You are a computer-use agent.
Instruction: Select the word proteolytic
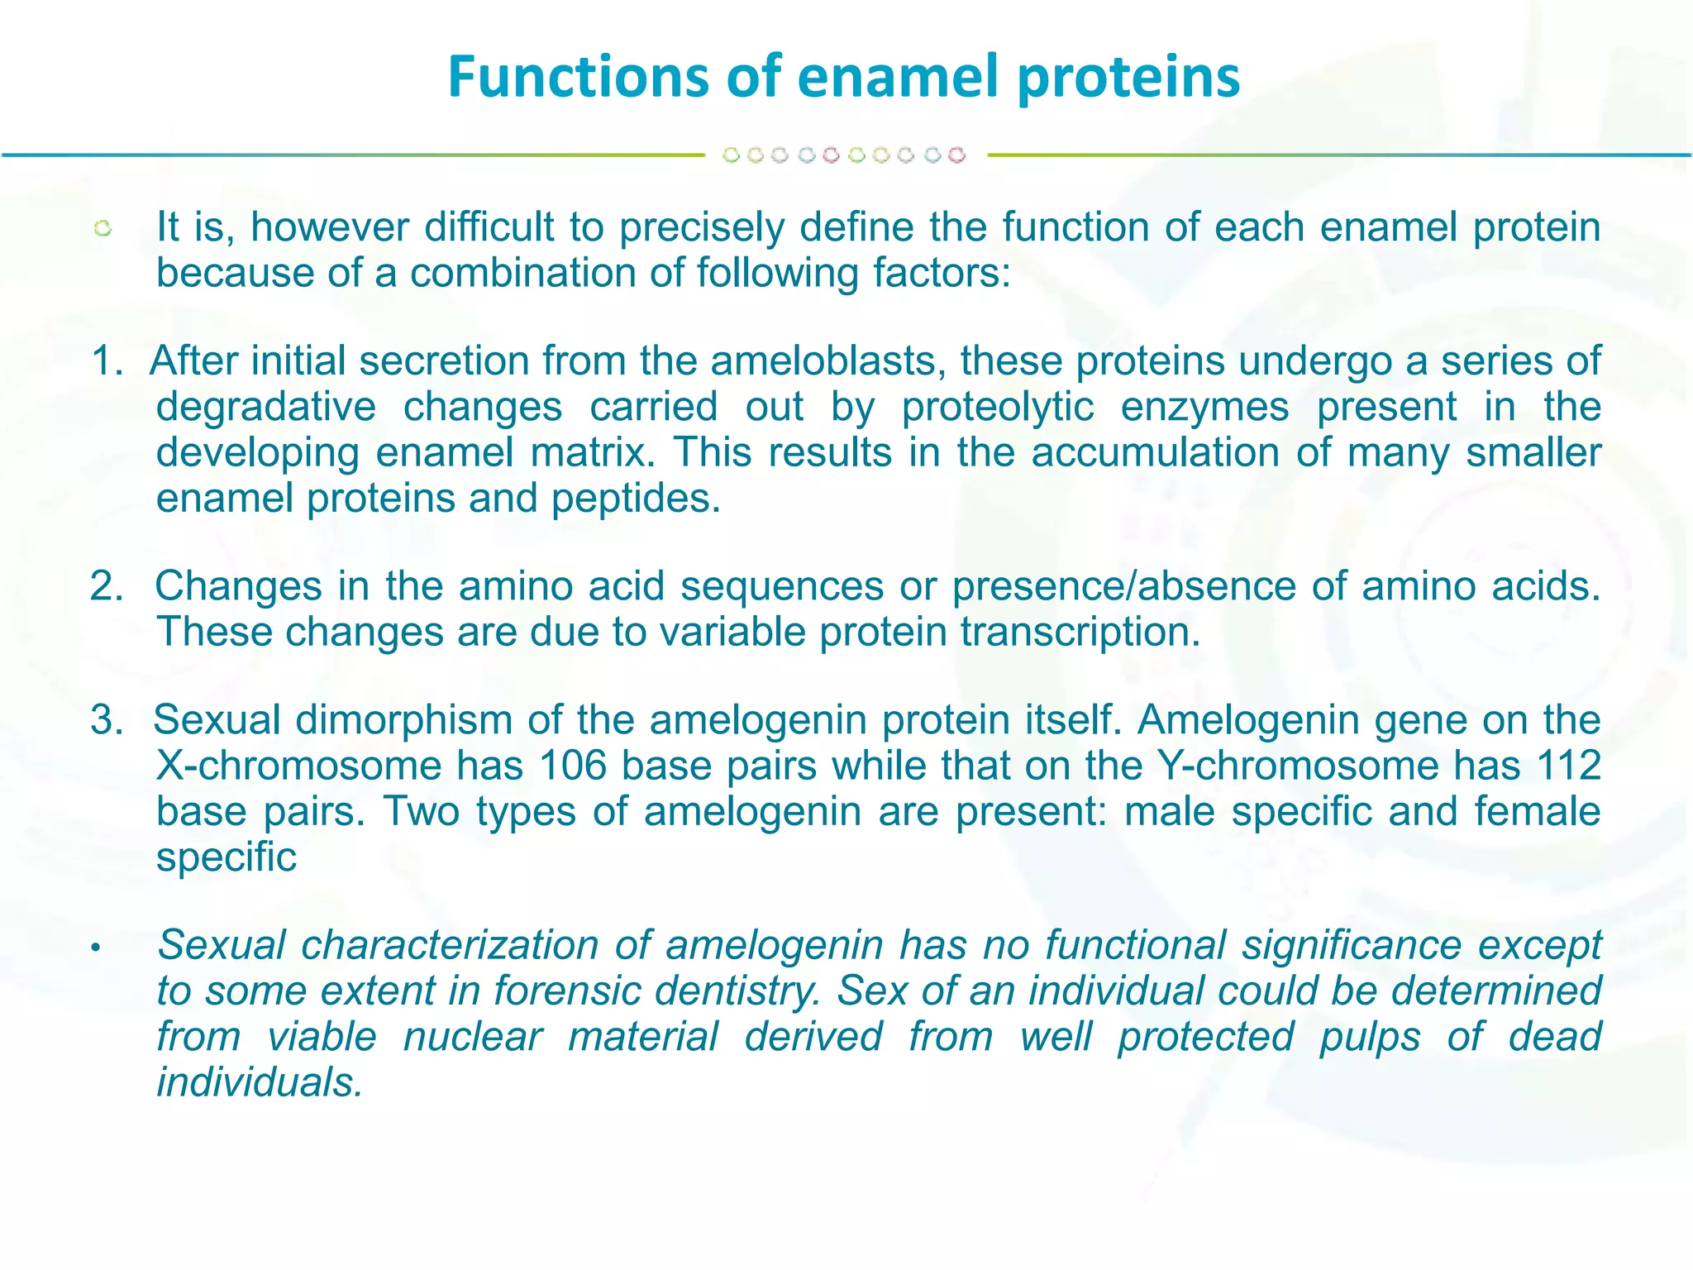998,408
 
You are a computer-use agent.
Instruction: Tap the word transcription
1080,633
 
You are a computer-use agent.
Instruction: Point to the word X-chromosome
298,766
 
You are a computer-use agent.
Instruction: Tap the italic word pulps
1369,1037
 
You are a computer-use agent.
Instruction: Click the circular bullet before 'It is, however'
103,229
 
